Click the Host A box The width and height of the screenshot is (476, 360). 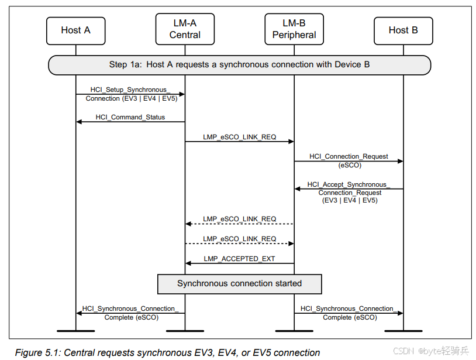click(x=75, y=30)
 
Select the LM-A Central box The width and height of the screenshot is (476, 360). click(x=185, y=29)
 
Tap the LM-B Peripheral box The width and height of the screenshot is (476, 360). click(x=294, y=29)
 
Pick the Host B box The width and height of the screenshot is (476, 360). click(x=403, y=30)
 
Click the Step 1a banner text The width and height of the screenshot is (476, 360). click(x=239, y=64)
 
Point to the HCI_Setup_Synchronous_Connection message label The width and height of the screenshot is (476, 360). click(x=130, y=94)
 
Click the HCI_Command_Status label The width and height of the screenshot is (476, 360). click(x=130, y=117)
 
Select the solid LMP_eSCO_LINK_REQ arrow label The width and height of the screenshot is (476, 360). click(x=239, y=137)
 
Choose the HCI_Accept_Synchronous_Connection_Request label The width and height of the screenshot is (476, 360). click(x=349, y=192)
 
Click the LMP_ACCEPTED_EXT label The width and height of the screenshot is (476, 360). click(x=239, y=259)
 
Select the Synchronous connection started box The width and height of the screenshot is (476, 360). click(x=239, y=284)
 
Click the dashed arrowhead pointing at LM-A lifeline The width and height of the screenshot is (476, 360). click(x=188, y=224)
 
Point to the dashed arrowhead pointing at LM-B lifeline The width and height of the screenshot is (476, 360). click(x=291, y=244)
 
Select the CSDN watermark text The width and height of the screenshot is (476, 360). click(x=404, y=351)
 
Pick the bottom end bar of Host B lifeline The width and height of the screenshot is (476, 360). click(x=403, y=331)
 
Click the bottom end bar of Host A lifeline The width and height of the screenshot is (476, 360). click(x=76, y=331)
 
